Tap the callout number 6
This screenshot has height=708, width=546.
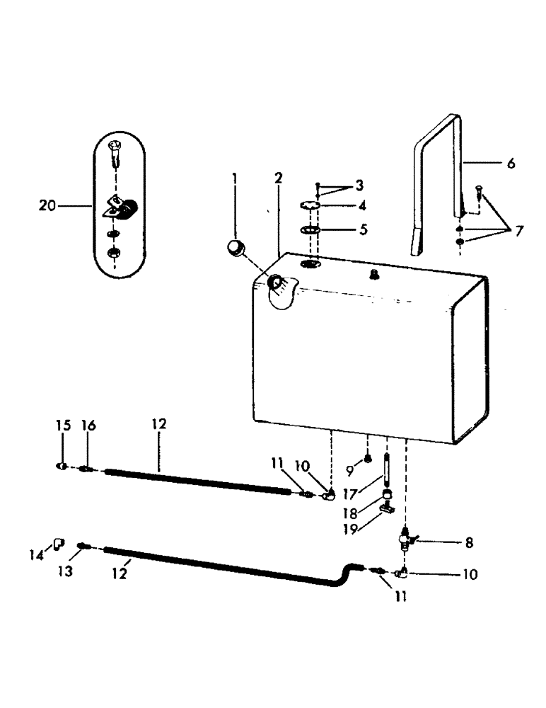511,163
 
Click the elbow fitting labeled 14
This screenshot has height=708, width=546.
58,544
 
